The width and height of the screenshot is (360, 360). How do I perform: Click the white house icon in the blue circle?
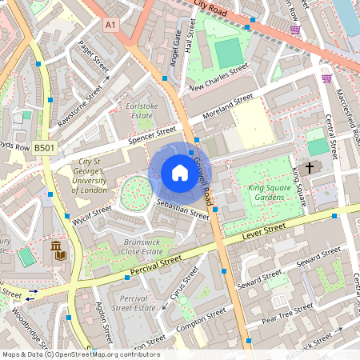tap(180, 173)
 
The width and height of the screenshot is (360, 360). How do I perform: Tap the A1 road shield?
tap(110, 26)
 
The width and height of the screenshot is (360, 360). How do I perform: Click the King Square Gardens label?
tap(267, 192)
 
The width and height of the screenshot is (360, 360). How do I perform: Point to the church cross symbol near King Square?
tap(310, 167)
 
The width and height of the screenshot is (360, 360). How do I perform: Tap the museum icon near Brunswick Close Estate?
tap(58, 254)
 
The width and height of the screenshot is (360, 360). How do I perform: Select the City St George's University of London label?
tap(90, 174)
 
